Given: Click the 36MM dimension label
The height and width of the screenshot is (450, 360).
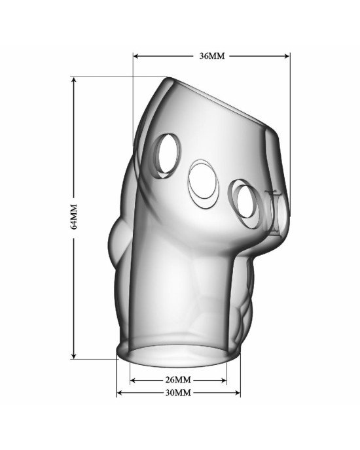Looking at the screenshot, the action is pyautogui.click(x=212, y=56).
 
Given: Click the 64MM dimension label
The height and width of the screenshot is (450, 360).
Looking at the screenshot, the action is pyautogui.click(x=74, y=216).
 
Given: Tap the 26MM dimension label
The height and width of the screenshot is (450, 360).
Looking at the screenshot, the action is pyautogui.click(x=178, y=380).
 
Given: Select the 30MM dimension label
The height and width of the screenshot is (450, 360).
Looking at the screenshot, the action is pyautogui.click(x=178, y=392).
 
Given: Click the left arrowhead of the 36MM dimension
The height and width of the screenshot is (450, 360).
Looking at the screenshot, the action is pyautogui.click(x=136, y=56).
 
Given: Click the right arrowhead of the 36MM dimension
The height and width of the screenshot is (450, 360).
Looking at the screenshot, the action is pyautogui.click(x=287, y=56).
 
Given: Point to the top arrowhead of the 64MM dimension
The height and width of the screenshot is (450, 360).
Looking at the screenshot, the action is pyautogui.click(x=74, y=80).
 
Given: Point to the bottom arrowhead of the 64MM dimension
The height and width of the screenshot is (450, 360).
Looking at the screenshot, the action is pyautogui.click(x=74, y=356).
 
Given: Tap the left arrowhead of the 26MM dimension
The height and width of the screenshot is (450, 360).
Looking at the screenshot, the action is pyautogui.click(x=133, y=381).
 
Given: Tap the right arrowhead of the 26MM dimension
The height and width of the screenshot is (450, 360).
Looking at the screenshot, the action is pyautogui.click(x=224, y=381).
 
